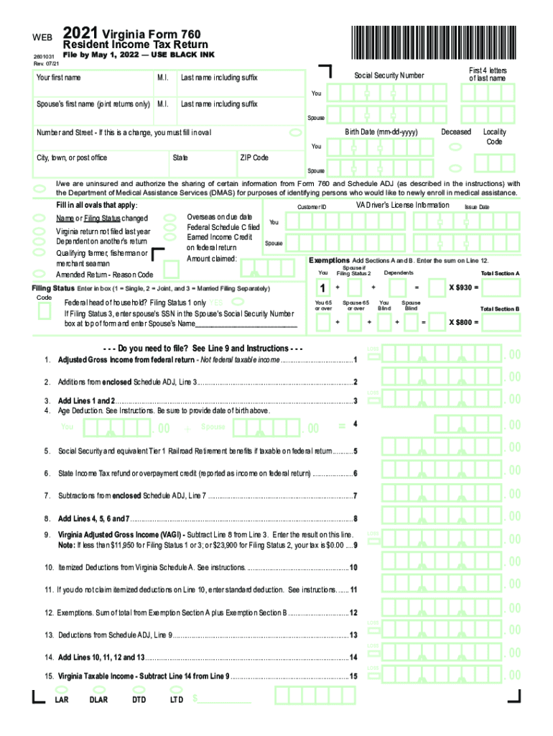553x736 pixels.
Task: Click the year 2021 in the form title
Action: (x=80, y=33)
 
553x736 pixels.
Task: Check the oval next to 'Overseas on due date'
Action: (x=170, y=216)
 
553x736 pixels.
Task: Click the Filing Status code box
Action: (x=44, y=311)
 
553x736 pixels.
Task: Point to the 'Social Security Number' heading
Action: (x=389, y=75)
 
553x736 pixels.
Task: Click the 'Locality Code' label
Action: (x=494, y=137)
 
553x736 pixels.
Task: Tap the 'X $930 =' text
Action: (x=464, y=287)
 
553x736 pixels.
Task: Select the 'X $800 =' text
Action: (x=464, y=321)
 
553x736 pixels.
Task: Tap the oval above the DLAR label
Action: (x=99, y=688)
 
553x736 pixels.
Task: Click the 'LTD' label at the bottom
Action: (x=177, y=699)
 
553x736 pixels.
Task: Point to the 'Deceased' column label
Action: (x=456, y=132)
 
